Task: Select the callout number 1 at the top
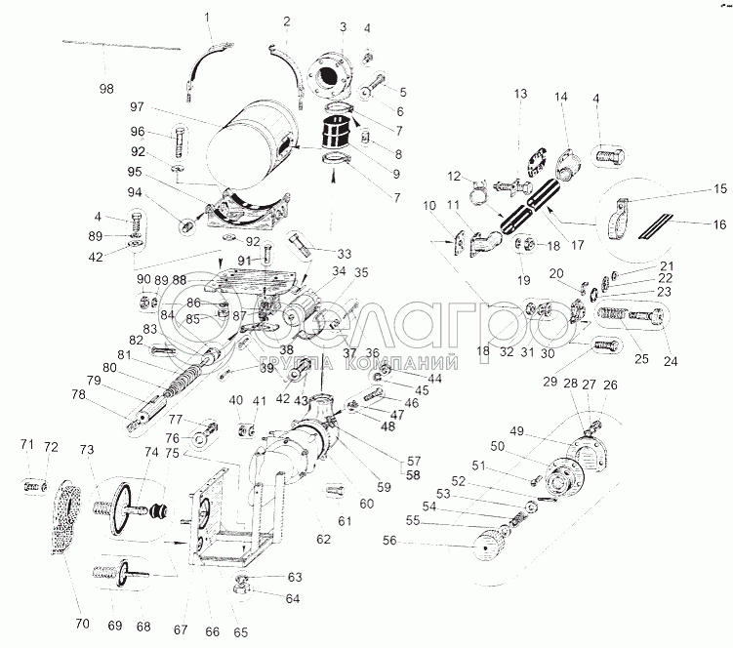point(207,17)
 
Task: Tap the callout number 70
point(82,623)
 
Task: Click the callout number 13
point(521,94)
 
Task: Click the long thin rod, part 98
point(122,44)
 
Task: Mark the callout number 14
point(561,98)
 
